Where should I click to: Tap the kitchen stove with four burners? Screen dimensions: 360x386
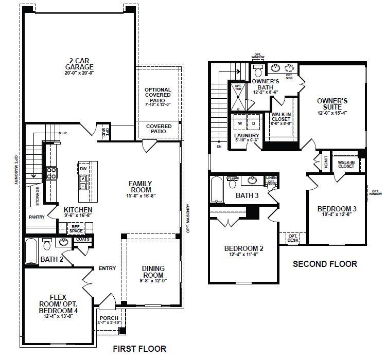51,173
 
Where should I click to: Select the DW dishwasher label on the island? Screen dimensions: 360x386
83,169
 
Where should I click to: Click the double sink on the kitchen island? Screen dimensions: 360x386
83,182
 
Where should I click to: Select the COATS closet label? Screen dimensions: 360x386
82,239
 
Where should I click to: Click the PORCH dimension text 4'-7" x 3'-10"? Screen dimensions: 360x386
109,323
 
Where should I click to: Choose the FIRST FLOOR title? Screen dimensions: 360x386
139,349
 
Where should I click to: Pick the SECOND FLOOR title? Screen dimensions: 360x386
325,264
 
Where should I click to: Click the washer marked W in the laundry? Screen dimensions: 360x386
240,124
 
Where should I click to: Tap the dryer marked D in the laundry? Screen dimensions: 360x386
253,124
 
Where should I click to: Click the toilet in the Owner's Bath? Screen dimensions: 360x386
258,71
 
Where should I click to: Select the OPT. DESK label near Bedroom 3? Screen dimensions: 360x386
293,239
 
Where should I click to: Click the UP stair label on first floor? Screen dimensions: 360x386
65,133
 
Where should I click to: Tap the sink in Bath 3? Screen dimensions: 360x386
253,181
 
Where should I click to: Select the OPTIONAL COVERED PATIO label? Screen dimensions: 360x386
158,97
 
